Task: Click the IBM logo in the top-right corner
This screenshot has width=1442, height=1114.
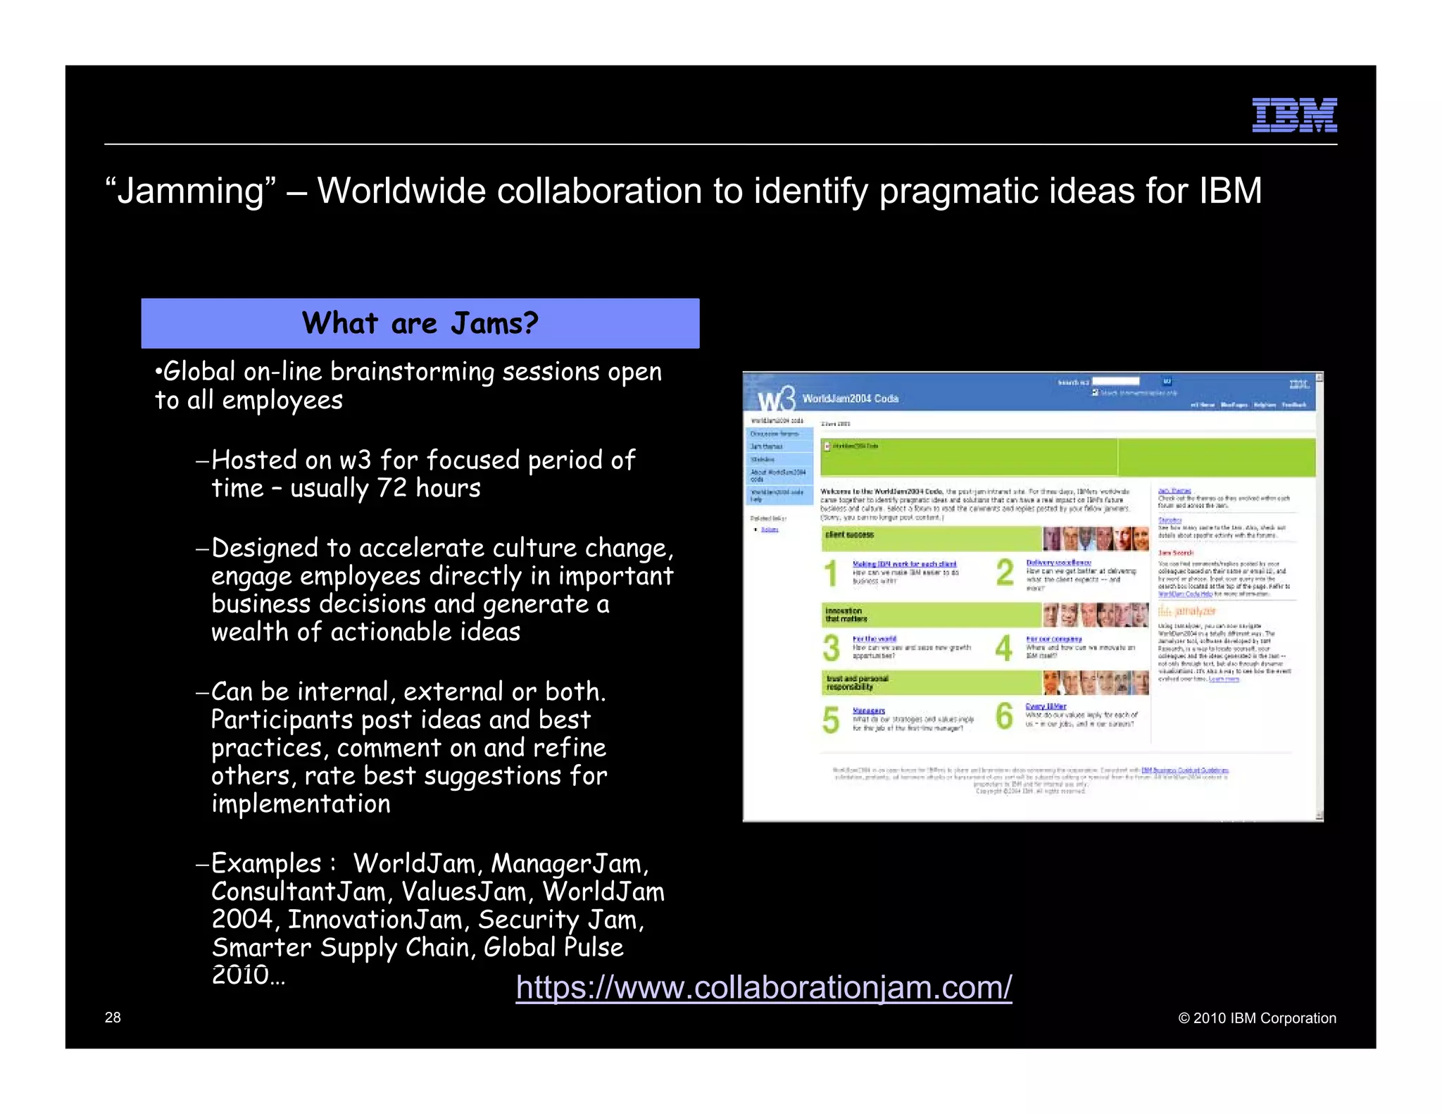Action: [x=1294, y=115]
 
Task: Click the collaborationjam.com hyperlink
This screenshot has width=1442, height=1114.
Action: [x=763, y=987]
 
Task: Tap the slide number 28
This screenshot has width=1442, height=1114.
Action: [x=113, y=1018]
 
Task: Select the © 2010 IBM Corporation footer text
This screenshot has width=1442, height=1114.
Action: [x=1257, y=1018]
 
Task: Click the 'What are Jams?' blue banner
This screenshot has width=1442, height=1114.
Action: [x=420, y=323]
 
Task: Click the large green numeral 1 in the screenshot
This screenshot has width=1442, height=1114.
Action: [x=831, y=573]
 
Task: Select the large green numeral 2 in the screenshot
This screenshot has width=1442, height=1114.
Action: [x=1005, y=572]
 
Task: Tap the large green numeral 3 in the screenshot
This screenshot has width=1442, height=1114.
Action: [x=831, y=648]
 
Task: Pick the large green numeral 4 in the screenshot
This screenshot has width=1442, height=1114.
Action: [x=1004, y=648]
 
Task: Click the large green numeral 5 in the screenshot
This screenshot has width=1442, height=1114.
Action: [x=831, y=720]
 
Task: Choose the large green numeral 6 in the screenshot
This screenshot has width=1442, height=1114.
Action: [x=1004, y=716]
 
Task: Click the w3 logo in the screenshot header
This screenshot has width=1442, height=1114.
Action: [x=776, y=399]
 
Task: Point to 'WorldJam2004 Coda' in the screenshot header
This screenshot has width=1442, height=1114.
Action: [x=850, y=399]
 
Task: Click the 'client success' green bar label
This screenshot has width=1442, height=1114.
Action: [x=850, y=535]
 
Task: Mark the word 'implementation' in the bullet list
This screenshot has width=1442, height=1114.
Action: [x=301, y=804]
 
